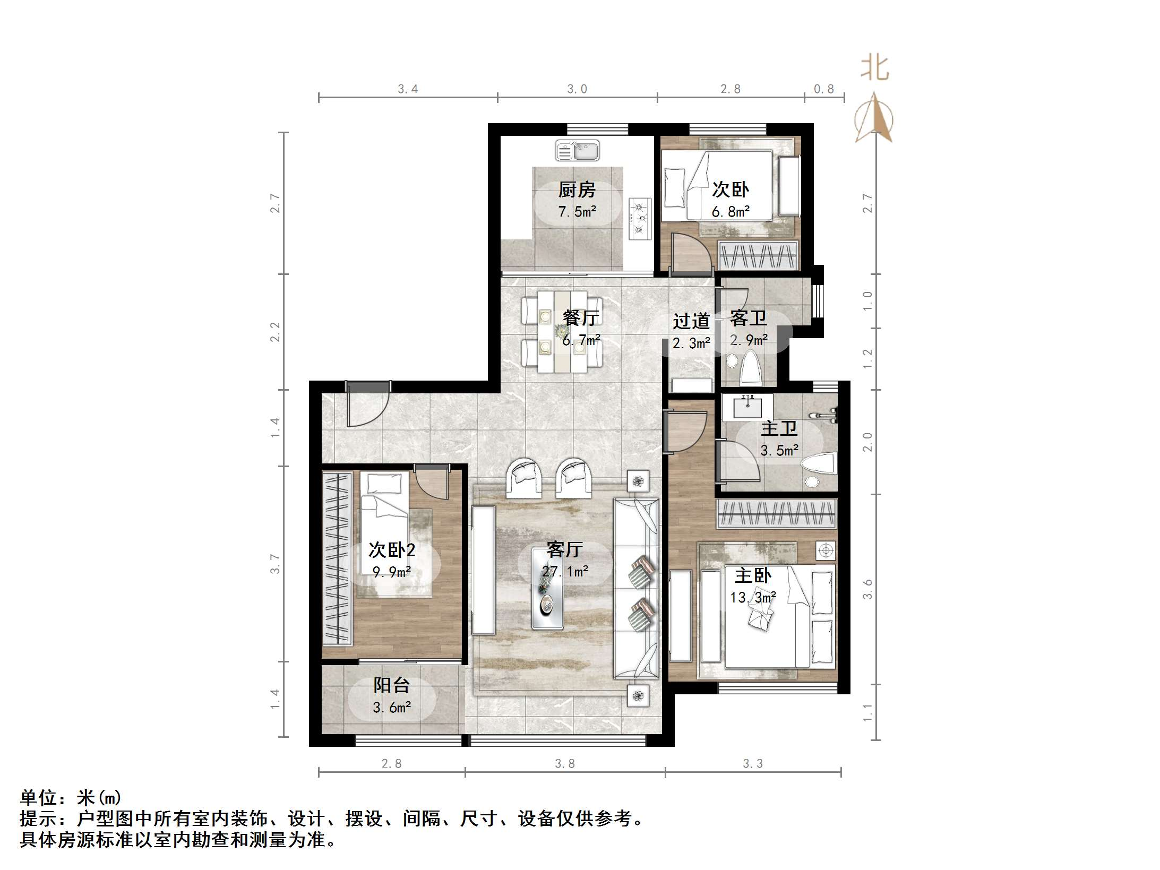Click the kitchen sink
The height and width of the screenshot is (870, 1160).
click(577, 150)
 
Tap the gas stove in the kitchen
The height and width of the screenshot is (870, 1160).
click(640, 218)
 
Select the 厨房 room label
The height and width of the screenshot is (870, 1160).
click(577, 189)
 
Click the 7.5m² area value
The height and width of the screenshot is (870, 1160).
click(577, 212)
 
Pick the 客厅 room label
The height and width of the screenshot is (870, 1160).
click(565, 549)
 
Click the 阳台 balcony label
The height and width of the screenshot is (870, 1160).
click(392, 685)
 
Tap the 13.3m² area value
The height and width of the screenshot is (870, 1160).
click(753, 598)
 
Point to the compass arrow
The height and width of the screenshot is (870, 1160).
click(874, 117)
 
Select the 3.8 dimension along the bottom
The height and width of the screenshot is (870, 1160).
click(565, 763)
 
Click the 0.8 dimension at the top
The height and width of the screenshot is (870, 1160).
click(824, 89)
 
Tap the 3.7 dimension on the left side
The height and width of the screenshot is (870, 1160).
click(275, 564)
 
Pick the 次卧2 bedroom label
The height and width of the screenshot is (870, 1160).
click(392, 550)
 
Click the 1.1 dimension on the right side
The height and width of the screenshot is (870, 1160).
click(867, 712)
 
